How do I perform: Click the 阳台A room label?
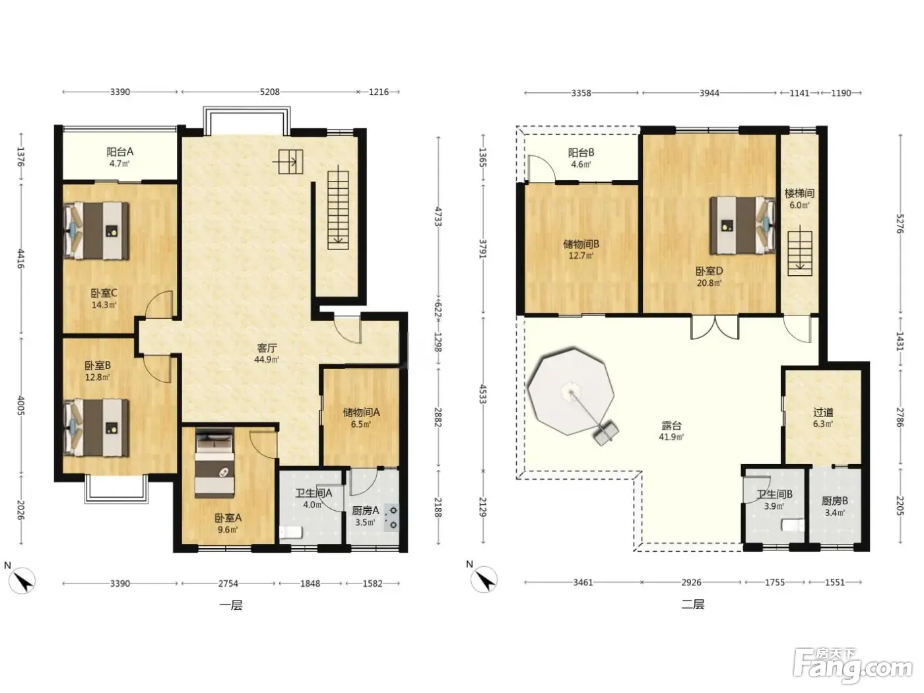[x=120, y=152]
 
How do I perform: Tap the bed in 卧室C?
[x=96, y=230]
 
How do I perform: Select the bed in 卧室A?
[x=214, y=463]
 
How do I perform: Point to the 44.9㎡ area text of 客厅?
[x=267, y=360]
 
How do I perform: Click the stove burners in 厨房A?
[x=391, y=517]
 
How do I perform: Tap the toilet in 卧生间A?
[x=291, y=532]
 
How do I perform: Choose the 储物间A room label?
[x=361, y=412]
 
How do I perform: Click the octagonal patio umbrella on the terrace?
[x=571, y=391]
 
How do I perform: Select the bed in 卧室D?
[x=742, y=226]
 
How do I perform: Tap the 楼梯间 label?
[x=799, y=193]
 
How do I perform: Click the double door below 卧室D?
[x=715, y=327]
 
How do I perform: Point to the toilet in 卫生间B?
[x=793, y=525]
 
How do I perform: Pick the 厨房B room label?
[x=835, y=501]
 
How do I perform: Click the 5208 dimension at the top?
[x=269, y=92]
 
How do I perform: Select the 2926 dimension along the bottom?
[x=691, y=582]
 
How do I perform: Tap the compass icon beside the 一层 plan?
[x=22, y=581]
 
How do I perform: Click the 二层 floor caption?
[x=693, y=605]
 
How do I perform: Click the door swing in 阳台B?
[x=541, y=168]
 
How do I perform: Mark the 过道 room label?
[x=823, y=412]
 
